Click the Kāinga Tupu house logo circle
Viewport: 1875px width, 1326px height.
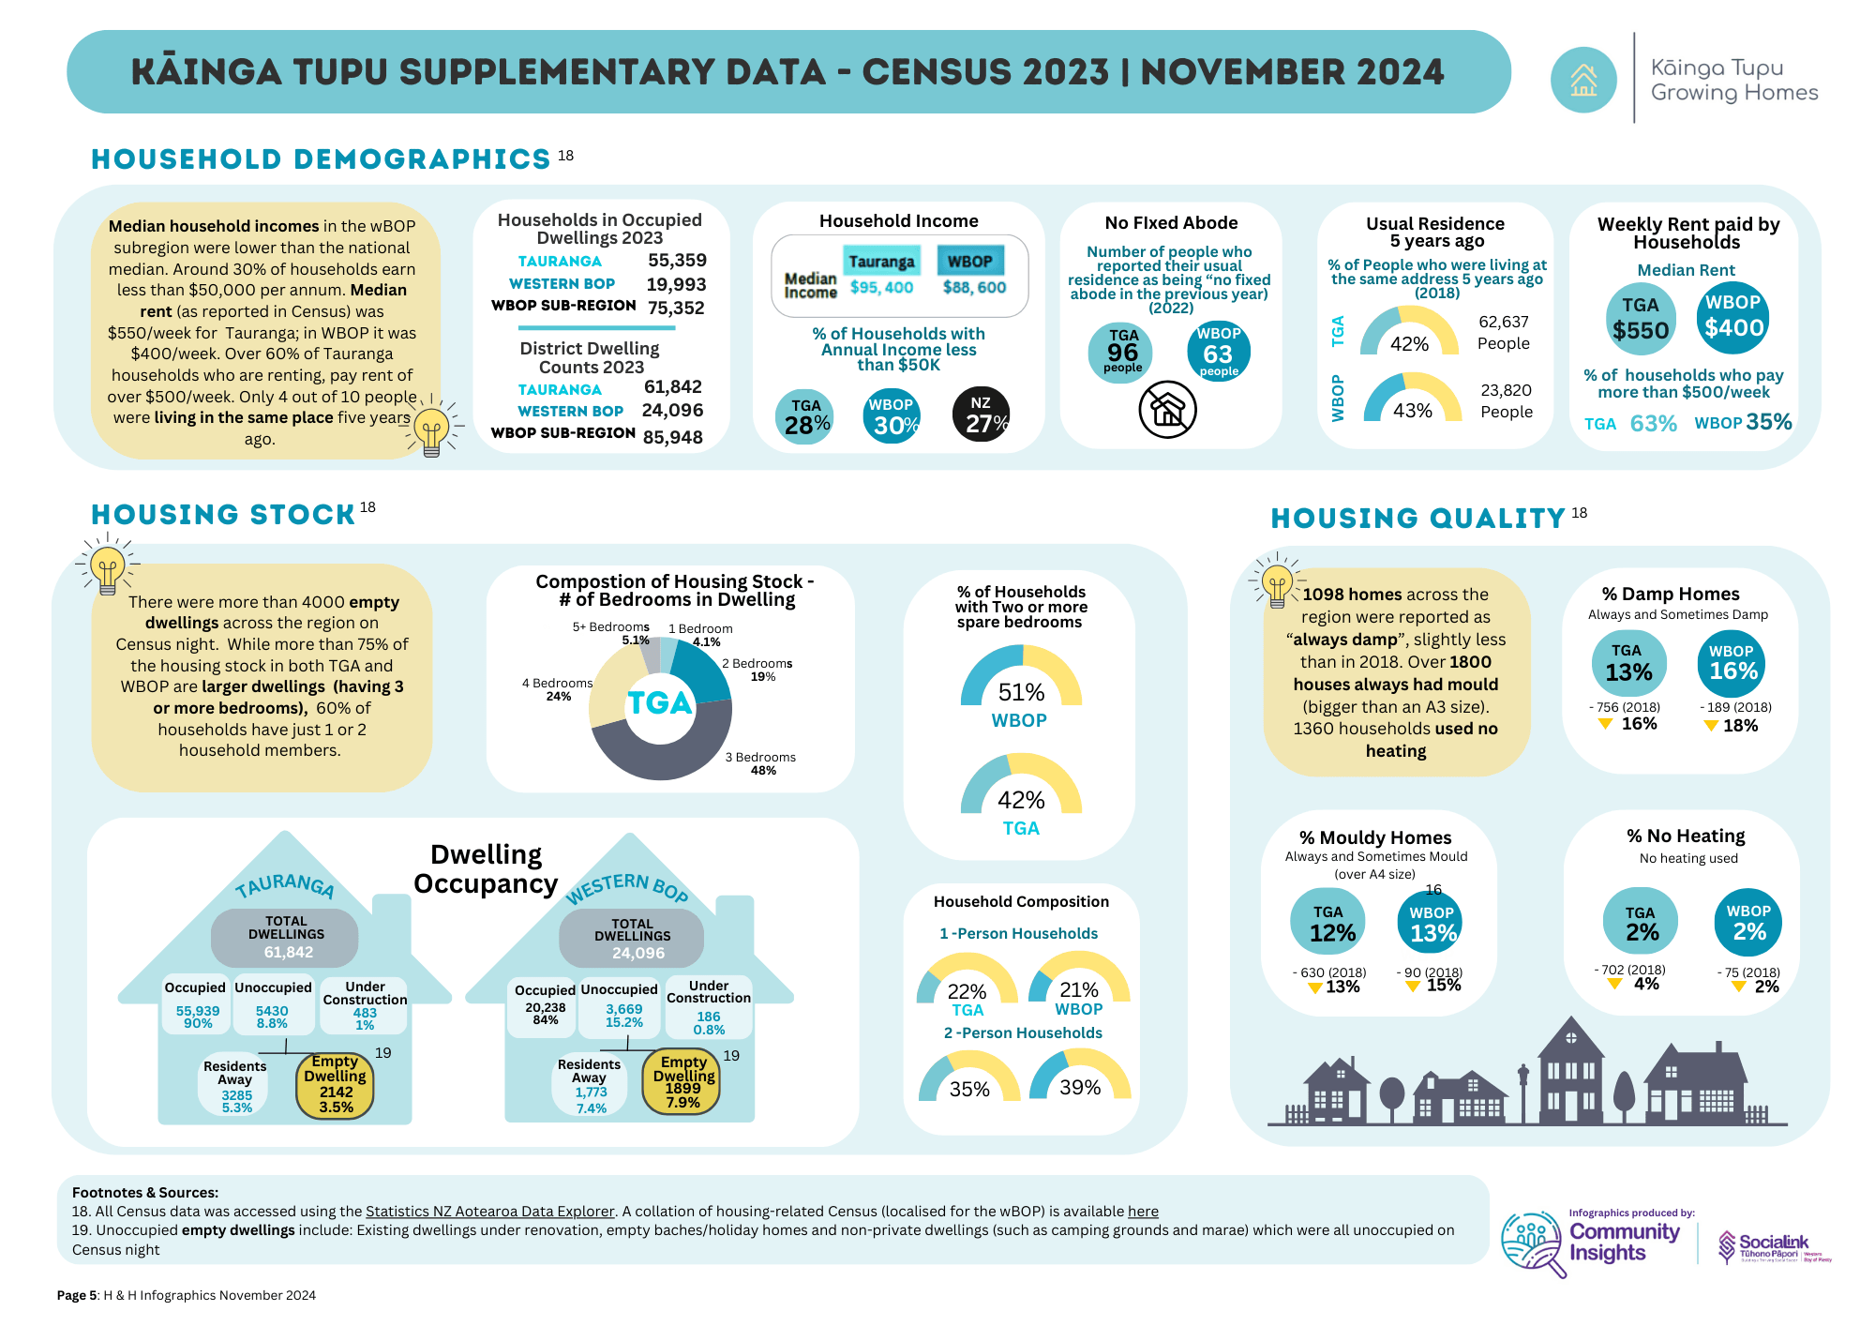(1583, 80)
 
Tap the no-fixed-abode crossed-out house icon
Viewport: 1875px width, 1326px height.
(1167, 410)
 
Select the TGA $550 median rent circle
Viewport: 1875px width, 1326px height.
(1640, 320)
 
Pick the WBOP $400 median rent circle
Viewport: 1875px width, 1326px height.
(1732, 318)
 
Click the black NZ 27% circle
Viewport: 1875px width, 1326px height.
(981, 414)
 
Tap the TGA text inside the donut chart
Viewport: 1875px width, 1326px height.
(660, 703)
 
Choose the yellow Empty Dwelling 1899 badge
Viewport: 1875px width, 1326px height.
(682, 1081)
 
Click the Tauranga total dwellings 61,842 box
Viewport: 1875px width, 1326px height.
(285, 937)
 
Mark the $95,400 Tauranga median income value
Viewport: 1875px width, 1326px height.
(881, 287)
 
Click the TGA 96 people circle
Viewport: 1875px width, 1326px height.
(1121, 352)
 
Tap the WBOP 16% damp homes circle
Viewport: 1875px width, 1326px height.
(1732, 663)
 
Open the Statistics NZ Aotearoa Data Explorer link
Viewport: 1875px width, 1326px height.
(489, 1212)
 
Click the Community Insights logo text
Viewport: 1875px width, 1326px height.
(1624, 1243)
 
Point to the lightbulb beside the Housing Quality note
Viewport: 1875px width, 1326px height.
(1276, 582)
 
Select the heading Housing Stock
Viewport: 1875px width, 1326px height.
(223, 515)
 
